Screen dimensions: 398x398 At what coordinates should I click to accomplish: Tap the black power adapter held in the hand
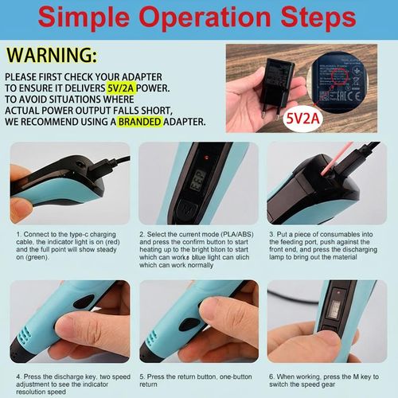coord(275,80)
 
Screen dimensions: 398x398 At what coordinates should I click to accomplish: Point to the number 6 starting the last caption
coord(271,376)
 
